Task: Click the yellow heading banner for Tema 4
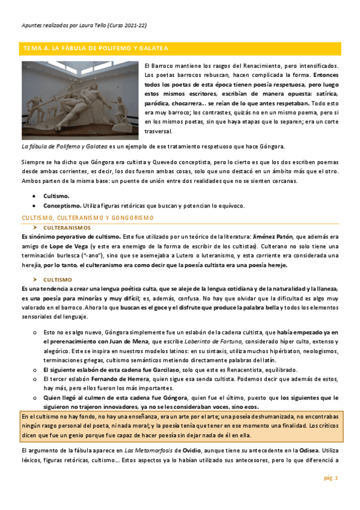coord(180,48)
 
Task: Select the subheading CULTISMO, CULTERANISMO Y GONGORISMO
coord(88,217)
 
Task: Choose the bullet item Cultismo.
coord(56,196)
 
